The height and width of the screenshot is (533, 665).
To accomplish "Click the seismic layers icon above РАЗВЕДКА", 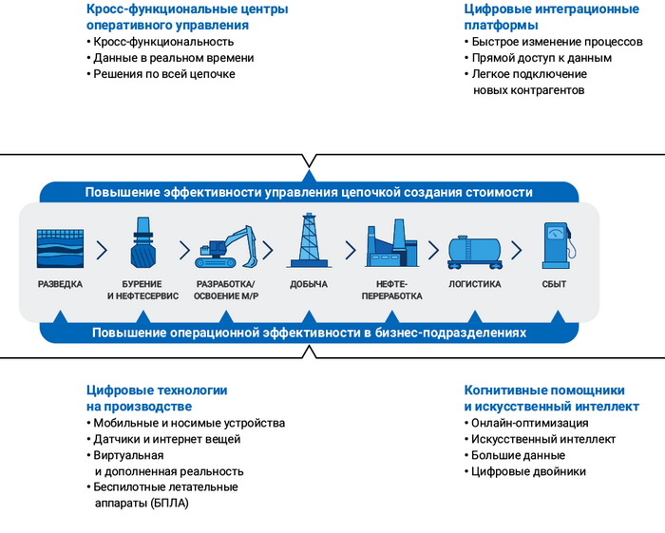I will (60, 248).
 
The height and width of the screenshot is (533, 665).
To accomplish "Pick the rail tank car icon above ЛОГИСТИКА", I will (474, 251).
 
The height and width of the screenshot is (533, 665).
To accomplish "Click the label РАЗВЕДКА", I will (60, 284).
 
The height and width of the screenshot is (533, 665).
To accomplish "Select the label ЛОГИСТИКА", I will (474, 284).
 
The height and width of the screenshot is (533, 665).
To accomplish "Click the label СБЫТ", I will (554, 284).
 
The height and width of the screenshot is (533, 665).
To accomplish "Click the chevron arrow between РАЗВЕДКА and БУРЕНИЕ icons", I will (102, 250).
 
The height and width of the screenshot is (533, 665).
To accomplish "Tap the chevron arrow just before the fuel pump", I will (516, 250).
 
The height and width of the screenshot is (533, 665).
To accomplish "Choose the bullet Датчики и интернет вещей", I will (167, 439).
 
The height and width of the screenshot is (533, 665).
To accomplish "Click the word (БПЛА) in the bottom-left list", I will (170, 504).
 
